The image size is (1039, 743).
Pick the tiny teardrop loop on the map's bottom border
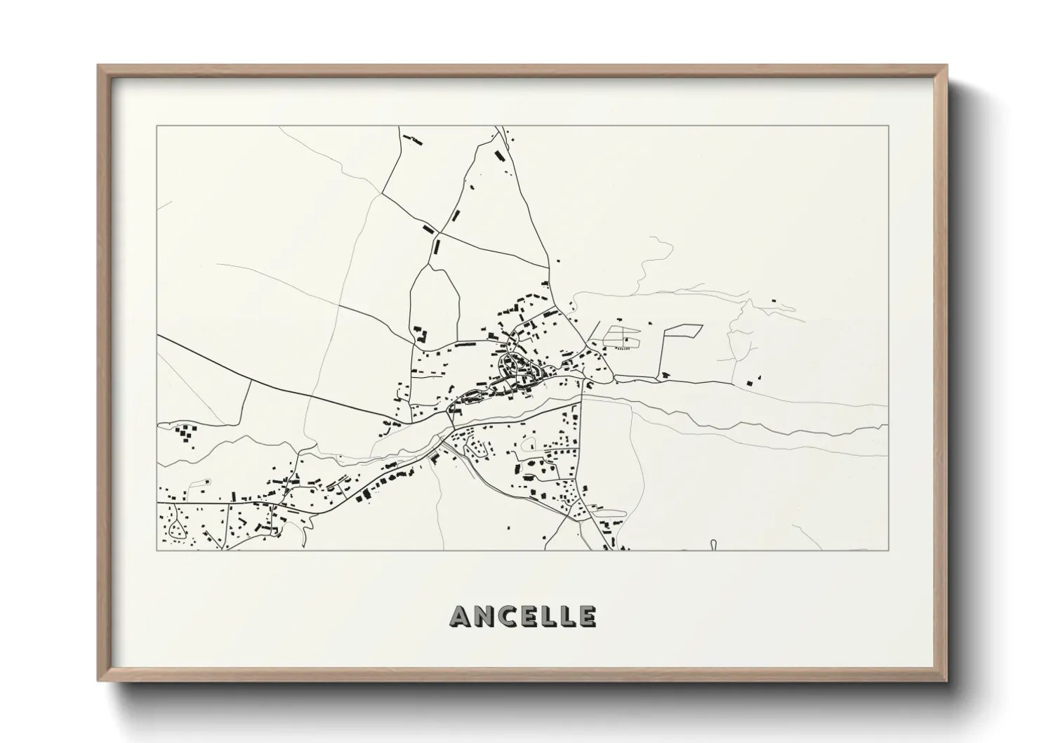click(x=713, y=544)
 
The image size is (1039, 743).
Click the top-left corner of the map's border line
click(x=157, y=126)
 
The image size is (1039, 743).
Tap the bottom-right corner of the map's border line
click(x=888, y=550)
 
